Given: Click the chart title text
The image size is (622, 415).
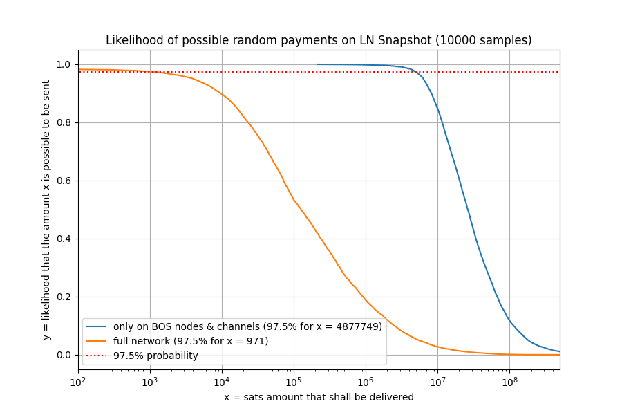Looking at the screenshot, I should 319,40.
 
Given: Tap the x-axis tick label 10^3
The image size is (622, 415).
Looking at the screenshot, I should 150,381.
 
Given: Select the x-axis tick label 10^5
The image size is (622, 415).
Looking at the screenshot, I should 294,381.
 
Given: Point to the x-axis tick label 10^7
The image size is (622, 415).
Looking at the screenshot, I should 437,381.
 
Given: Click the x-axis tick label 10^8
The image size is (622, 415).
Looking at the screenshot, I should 509,381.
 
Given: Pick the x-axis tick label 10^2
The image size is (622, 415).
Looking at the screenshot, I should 78,381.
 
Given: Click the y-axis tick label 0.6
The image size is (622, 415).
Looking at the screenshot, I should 62,181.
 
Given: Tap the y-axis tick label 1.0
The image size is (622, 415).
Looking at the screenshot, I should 62,64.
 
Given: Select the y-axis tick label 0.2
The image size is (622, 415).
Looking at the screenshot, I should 62,297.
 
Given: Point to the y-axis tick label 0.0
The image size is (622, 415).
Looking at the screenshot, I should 62,355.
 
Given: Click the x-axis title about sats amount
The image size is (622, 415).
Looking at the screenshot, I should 319,397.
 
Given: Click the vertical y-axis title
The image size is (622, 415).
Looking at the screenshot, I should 46,210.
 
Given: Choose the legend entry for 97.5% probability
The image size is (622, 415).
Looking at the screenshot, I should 155,356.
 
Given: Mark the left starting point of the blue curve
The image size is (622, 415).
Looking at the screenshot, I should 317,64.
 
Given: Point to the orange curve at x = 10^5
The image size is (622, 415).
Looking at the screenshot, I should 294,200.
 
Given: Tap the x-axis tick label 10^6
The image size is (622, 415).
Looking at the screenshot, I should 366,381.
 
